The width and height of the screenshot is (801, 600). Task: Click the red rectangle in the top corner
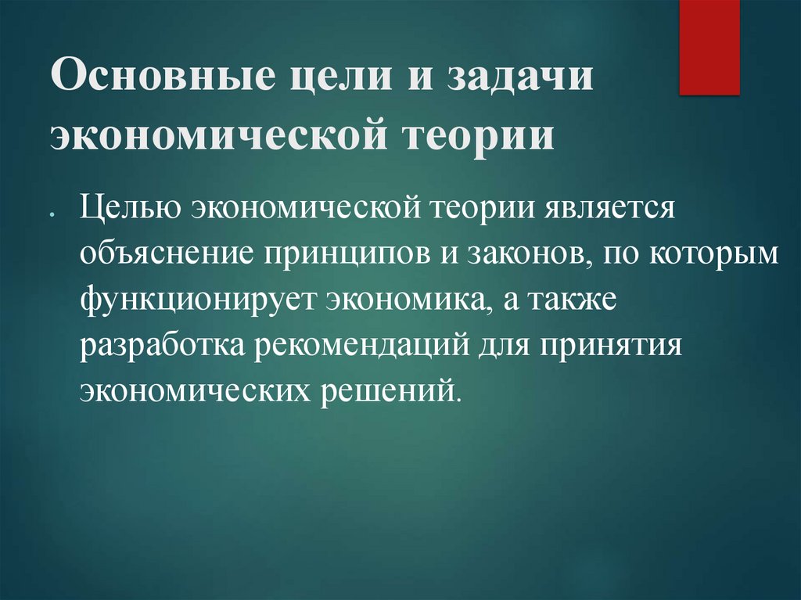[x=709, y=47]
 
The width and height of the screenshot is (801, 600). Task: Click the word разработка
[x=160, y=344]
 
